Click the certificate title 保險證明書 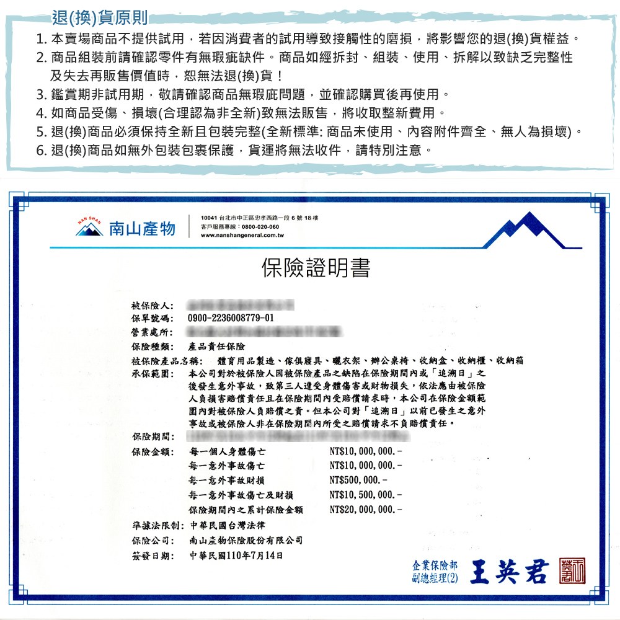316,268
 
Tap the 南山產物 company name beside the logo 142,229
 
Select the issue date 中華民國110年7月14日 236,554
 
